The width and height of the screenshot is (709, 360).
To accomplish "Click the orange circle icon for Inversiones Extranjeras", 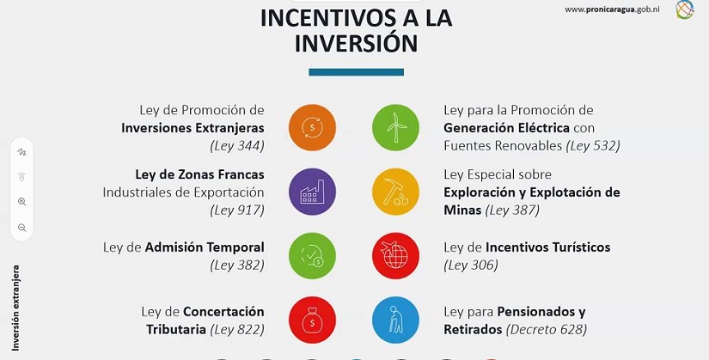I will (x=313, y=127).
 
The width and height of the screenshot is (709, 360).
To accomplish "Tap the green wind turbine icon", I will (x=395, y=127).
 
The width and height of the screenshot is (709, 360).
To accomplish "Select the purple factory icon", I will (x=313, y=190).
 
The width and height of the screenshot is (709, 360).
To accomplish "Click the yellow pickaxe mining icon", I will (x=395, y=190).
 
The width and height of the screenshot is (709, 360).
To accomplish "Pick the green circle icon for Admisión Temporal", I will (x=313, y=255).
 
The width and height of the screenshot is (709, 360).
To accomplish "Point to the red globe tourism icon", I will (x=395, y=255).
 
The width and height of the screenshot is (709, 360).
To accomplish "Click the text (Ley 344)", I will (x=236, y=146).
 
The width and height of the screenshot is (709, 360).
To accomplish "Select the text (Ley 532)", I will (x=594, y=146).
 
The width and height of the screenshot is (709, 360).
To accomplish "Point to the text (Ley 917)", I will (x=236, y=210).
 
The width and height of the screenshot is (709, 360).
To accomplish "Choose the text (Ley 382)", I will (x=236, y=265).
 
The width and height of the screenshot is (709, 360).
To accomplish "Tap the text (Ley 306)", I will (x=471, y=265).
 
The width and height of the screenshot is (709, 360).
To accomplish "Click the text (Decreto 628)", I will (x=547, y=329).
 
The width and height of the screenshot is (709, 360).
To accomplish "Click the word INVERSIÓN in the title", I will (x=356, y=44).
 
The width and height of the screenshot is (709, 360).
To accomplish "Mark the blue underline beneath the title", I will (x=356, y=72).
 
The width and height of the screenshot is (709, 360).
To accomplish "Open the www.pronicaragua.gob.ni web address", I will (x=613, y=9).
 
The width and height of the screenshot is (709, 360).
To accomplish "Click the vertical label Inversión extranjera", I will (x=15, y=308).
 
